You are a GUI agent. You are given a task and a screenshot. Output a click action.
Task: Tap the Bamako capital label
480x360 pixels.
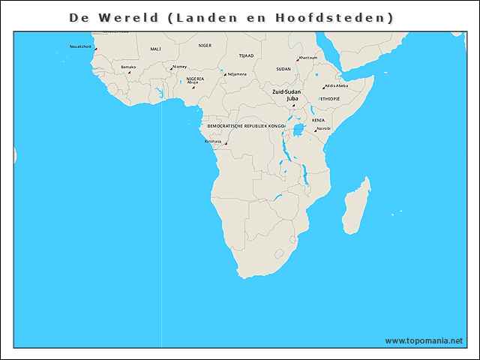(128, 67)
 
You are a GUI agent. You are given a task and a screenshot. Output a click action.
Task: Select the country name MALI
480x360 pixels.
(155, 49)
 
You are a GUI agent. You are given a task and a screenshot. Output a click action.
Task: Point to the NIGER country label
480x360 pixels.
(205, 45)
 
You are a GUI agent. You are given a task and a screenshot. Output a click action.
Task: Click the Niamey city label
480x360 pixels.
(179, 66)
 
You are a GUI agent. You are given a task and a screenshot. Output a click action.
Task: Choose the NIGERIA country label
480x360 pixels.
(195, 78)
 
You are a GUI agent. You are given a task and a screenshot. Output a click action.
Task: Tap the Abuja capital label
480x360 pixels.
(193, 82)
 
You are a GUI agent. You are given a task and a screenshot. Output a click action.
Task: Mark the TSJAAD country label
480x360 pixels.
(246, 55)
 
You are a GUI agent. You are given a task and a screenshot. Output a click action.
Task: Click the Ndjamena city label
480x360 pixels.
(237, 73)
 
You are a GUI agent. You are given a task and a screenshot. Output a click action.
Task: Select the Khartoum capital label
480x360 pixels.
(307, 58)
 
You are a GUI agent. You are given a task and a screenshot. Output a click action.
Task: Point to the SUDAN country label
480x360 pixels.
(283, 68)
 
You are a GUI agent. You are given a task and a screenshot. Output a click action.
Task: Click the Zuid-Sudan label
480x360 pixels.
(286, 91)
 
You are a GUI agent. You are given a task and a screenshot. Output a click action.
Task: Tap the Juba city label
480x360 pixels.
(292, 97)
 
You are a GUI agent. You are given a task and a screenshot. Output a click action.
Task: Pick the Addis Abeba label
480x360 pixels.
(336, 85)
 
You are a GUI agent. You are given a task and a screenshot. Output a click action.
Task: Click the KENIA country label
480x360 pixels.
(319, 120)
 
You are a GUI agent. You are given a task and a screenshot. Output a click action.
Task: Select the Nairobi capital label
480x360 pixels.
(323, 128)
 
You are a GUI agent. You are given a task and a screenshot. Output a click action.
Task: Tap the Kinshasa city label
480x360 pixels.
(213, 141)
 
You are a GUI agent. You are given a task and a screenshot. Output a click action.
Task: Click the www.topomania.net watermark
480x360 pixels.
(424, 340)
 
